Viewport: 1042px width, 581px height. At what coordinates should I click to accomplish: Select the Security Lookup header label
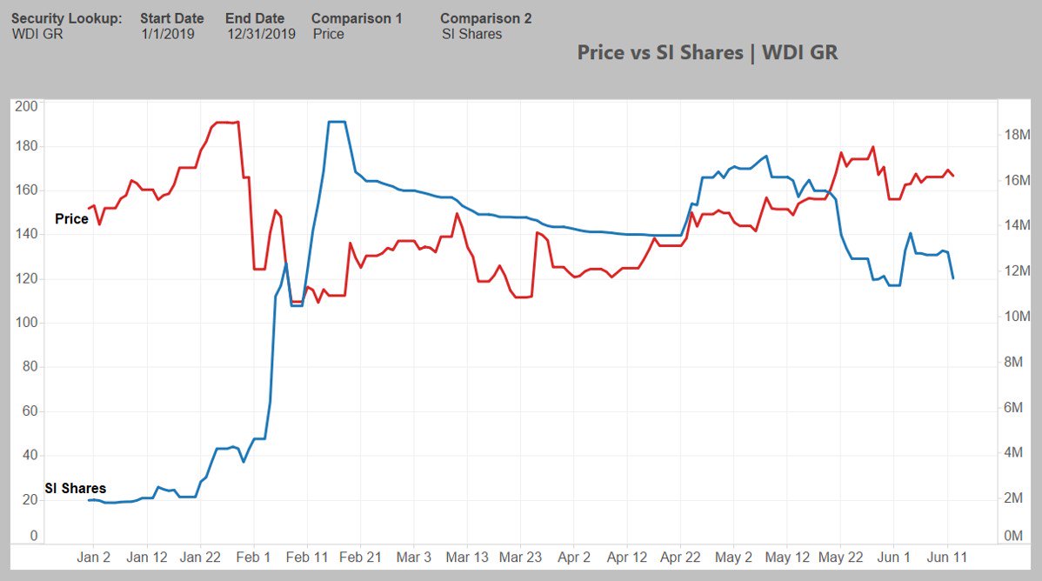pos(67,18)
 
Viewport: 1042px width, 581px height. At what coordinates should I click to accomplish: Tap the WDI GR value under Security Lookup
pos(37,34)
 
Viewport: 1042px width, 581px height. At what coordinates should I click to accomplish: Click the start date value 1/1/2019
pos(168,34)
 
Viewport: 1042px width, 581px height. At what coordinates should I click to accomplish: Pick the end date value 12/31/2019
pos(261,34)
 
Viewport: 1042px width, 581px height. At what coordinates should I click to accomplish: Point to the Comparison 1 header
pos(357,18)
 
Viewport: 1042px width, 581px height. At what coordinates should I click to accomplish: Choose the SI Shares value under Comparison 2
pos(471,34)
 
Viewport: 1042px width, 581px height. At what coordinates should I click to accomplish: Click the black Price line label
pos(71,219)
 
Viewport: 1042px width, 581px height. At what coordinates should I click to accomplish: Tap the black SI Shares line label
pos(76,489)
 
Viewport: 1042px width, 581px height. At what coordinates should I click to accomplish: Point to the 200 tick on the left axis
pos(27,107)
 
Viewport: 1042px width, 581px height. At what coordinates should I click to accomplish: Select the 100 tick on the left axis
pos(27,323)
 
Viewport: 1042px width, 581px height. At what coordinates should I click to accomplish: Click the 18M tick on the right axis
pos(1017,136)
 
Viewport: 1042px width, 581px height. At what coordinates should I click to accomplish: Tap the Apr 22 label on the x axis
pos(680,557)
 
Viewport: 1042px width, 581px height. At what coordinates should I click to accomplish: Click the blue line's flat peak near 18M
pos(337,122)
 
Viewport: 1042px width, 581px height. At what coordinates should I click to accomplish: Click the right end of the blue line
pos(953,278)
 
